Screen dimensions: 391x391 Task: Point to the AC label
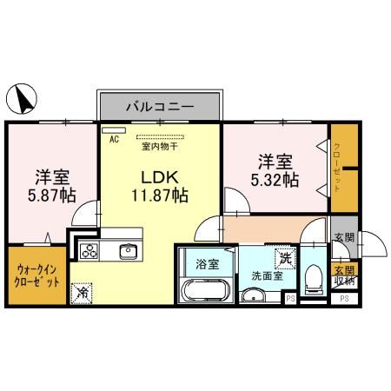click(x=113, y=137)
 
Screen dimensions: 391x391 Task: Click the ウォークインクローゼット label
click(x=37, y=276)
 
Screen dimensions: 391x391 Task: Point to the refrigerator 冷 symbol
click(x=82, y=293)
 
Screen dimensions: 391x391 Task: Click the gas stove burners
click(x=90, y=251)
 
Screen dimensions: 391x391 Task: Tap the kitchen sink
click(x=128, y=251)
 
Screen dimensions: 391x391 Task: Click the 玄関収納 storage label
click(x=345, y=275)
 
